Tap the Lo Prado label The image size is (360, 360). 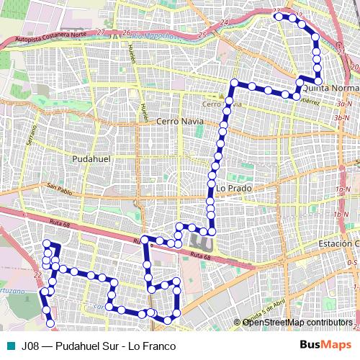(x=233, y=188)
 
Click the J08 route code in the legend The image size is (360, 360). (x=30, y=346)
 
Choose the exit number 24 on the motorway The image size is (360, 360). (x=224, y=23)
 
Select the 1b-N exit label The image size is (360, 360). (x=341, y=215)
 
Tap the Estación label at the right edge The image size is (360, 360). (x=338, y=244)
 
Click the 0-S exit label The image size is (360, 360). (x=352, y=263)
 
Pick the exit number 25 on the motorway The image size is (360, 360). (x=202, y=33)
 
